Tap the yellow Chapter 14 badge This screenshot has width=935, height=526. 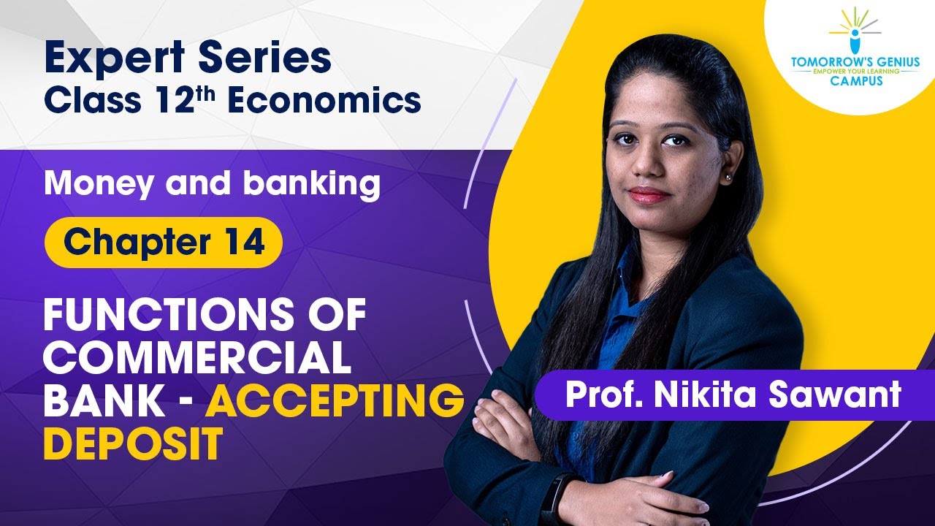[x=164, y=242]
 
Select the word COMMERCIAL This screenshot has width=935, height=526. [x=197, y=358]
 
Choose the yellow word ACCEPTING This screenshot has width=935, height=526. [x=334, y=400]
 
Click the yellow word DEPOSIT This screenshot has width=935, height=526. [x=133, y=443]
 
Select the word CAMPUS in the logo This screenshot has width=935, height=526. [x=855, y=81]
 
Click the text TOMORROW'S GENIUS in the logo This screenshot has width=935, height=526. [x=855, y=63]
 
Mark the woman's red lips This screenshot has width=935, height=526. [x=649, y=194]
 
